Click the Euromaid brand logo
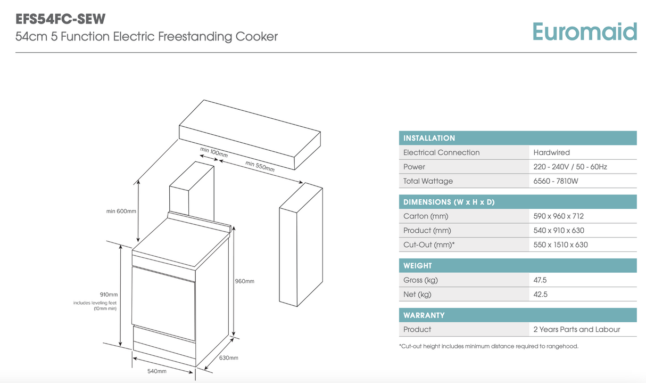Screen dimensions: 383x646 click(584, 32)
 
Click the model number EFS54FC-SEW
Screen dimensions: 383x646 click(61, 19)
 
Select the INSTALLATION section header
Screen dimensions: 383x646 click(429, 138)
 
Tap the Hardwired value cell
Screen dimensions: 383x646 click(551, 152)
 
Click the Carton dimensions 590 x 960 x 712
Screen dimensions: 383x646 click(558, 216)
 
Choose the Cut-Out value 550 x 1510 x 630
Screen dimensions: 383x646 click(560, 245)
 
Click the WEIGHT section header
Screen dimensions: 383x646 click(418, 266)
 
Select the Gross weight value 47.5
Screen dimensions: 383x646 click(540, 280)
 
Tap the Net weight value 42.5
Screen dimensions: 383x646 click(540, 295)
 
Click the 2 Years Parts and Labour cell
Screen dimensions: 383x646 click(576, 330)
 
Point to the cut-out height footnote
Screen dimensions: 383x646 click(488, 346)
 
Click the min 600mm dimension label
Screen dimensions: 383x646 click(121, 211)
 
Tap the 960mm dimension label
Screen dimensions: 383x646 click(245, 281)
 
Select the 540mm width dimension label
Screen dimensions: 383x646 click(156, 371)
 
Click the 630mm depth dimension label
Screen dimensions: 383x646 click(229, 358)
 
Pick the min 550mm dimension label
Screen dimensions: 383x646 click(260, 166)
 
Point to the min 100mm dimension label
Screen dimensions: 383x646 click(214, 152)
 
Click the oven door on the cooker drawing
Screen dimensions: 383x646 click(163, 301)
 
